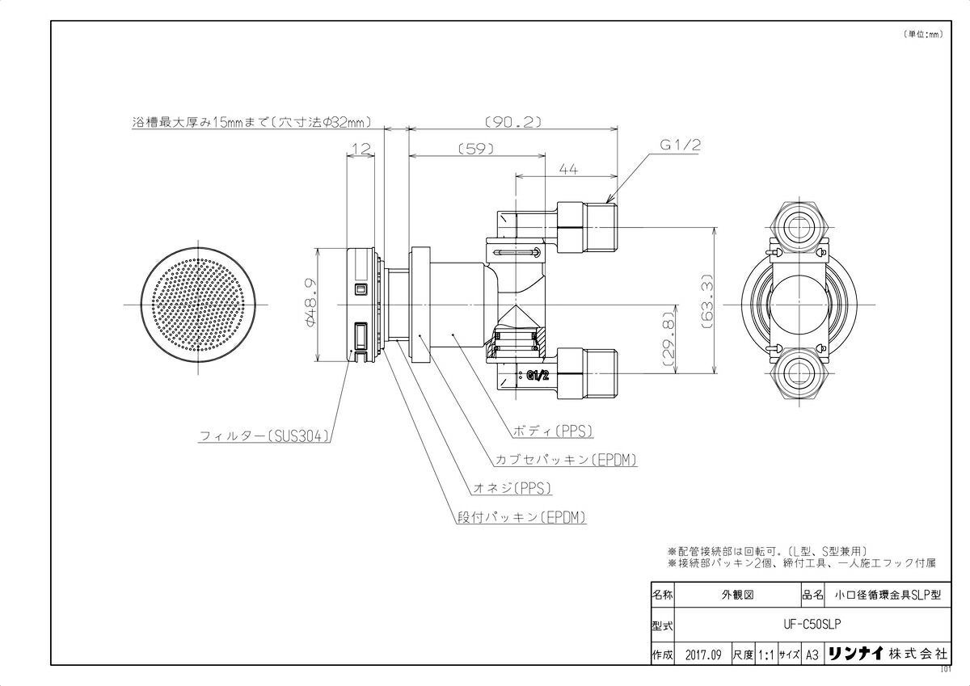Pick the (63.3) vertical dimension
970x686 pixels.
(x=706, y=300)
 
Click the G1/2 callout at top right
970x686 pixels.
(x=679, y=145)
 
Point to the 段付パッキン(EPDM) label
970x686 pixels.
(x=520, y=517)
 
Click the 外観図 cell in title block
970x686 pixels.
(x=736, y=594)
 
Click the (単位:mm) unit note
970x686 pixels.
(x=921, y=34)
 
